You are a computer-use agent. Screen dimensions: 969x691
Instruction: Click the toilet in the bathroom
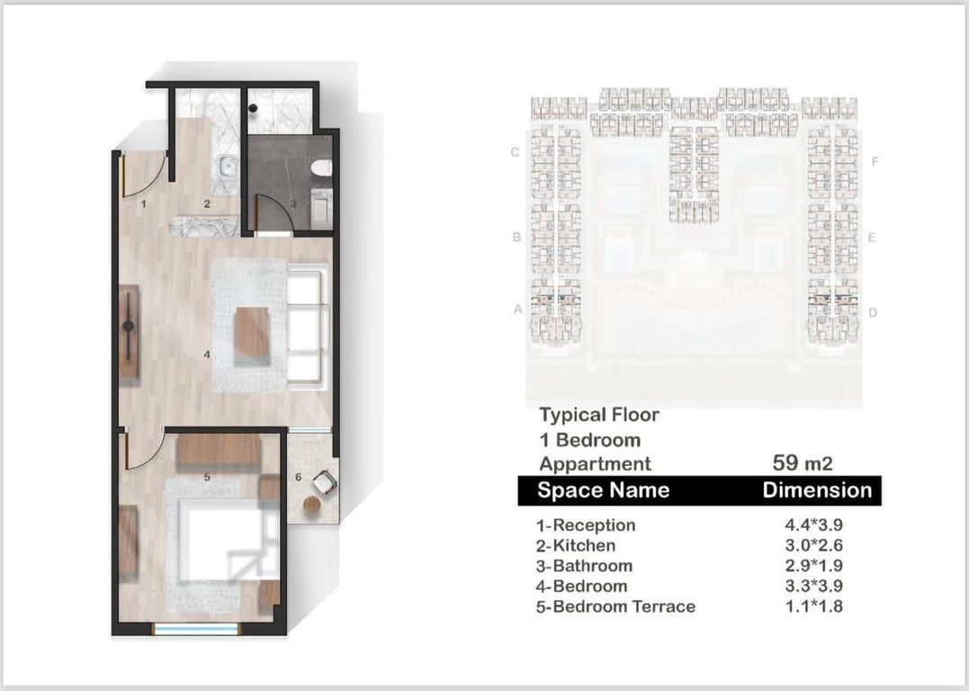(x=321, y=167)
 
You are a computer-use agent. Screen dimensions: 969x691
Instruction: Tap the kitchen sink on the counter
(x=228, y=166)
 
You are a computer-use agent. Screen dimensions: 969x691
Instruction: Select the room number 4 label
(x=207, y=354)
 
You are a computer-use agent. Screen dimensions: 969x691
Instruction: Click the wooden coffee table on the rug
(x=252, y=332)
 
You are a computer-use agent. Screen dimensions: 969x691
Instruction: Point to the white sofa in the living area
(x=307, y=326)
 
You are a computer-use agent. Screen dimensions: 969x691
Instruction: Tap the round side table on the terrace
(x=312, y=505)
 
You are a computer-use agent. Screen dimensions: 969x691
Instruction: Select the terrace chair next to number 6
(x=325, y=482)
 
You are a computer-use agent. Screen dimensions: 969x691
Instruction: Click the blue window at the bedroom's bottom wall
(x=196, y=629)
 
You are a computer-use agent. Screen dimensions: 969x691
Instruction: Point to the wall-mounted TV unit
(x=129, y=331)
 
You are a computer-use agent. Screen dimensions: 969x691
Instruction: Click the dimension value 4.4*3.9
(x=814, y=525)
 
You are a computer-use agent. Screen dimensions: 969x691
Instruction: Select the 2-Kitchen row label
(x=575, y=546)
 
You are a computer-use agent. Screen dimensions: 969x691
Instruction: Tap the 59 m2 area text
(x=803, y=463)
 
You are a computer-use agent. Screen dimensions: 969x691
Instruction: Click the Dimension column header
(x=817, y=490)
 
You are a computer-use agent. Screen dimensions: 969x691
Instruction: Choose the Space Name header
(x=603, y=490)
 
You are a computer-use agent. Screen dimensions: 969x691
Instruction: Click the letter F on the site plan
(x=875, y=161)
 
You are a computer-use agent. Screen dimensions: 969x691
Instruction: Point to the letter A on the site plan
(x=518, y=309)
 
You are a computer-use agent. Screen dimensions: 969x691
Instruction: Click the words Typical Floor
(x=599, y=415)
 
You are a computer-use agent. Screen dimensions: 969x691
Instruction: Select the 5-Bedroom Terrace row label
(x=615, y=606)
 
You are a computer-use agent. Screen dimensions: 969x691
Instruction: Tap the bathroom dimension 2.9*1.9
(x=814, y=566)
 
